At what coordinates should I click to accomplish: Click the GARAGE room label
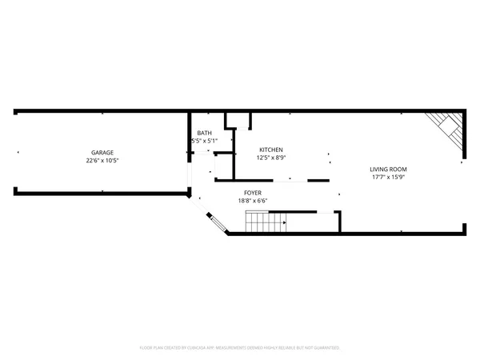pyautogui.click(x=102, y=152)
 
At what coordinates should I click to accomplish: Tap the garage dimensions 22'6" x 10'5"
pyautogui.click(x=102, y=160)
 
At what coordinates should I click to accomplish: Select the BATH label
pyautogui.click(x=205, y=133)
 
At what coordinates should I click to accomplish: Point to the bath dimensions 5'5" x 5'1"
pyautogui.click(x=205, y=141)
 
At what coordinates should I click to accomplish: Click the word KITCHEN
pyautogui.click(x=270, y=150)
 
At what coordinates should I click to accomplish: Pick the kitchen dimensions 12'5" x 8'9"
pyautogui.click(x=270, y=158)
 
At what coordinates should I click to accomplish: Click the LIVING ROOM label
pyautogui.click(x=389, y=169)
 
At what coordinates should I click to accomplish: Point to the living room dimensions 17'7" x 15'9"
pyautogui.click(x=389, y=177)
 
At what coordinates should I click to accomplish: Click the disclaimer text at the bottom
pyautogui.click(x=240, y=348)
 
